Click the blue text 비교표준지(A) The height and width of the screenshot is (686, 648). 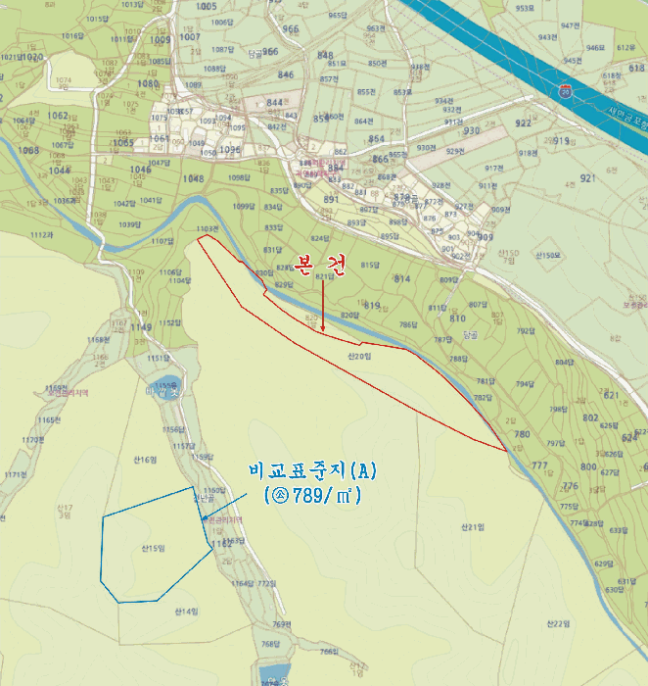[312, 471]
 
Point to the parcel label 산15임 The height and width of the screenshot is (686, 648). [152, 548]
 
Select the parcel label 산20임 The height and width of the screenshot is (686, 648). [359, 357]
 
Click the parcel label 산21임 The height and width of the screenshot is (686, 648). [473, 527]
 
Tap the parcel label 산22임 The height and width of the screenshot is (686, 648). [558, 623]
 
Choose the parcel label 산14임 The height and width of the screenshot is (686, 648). [186, 612]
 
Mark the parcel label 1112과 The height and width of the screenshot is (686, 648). [41, 235]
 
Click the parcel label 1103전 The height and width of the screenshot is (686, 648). [206, 228]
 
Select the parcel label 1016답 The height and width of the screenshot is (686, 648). [71, 36]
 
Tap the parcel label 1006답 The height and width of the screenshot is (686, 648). [222, 22]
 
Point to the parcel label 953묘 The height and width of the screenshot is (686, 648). [525, 8]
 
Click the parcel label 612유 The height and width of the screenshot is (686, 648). [625, 47]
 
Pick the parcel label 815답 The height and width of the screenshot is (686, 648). [369, 265]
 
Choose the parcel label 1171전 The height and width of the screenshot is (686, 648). [14, 474]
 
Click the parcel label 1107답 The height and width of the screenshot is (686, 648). [162, 240]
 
